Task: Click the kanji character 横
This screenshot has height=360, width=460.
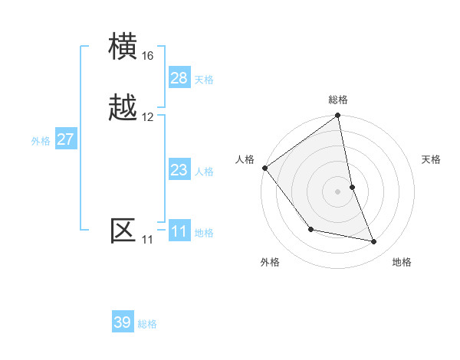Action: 123,47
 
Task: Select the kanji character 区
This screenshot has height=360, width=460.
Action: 123,231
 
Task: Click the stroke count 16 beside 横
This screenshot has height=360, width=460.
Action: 147,56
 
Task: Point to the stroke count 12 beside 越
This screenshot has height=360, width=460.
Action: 147,117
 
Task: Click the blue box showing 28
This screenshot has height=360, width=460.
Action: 179,78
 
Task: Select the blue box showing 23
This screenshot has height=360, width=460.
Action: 179,170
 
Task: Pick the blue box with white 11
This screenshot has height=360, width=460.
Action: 179,231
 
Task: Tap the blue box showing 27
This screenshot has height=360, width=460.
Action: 65,139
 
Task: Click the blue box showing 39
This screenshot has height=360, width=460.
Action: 123,322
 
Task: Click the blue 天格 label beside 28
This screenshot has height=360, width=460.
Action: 204,80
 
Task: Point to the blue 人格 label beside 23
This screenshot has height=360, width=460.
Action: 204,172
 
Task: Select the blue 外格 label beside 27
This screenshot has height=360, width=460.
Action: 41,141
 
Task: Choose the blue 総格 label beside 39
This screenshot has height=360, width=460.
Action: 147,324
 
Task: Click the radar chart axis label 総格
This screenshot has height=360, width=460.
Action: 338,100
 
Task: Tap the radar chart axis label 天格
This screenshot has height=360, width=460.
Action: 432,159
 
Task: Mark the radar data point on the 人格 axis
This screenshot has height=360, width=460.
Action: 264,168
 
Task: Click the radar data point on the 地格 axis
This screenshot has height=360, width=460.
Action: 374,241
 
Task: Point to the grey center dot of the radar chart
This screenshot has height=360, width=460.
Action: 338,191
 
